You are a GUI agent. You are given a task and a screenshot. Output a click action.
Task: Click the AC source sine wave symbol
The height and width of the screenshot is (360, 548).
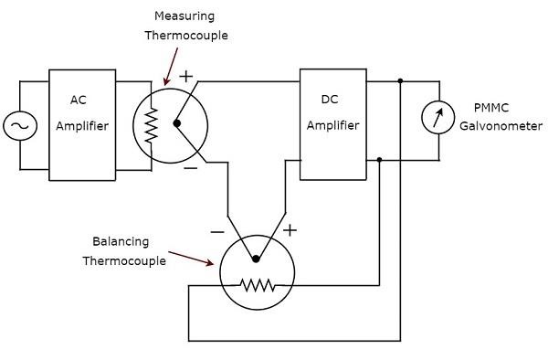19,125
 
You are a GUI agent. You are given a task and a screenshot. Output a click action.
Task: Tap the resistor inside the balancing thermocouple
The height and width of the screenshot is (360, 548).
258,285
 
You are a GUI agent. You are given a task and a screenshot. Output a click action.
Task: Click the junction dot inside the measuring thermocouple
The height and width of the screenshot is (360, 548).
177,123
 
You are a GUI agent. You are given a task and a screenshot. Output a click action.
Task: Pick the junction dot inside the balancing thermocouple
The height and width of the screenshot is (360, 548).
257,259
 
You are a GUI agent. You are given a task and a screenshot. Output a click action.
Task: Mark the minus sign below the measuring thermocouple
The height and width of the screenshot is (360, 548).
190,168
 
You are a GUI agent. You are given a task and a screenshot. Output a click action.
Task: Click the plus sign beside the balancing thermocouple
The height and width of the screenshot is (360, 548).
290,229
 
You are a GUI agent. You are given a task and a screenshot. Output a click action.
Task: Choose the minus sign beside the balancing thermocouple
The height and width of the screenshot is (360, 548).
217,232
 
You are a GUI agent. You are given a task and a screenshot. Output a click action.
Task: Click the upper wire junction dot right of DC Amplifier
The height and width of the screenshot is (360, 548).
400,81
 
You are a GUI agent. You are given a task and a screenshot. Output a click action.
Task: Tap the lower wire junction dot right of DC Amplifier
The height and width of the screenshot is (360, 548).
379,161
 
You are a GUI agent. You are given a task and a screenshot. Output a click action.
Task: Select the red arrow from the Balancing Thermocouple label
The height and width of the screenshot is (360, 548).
195,260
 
